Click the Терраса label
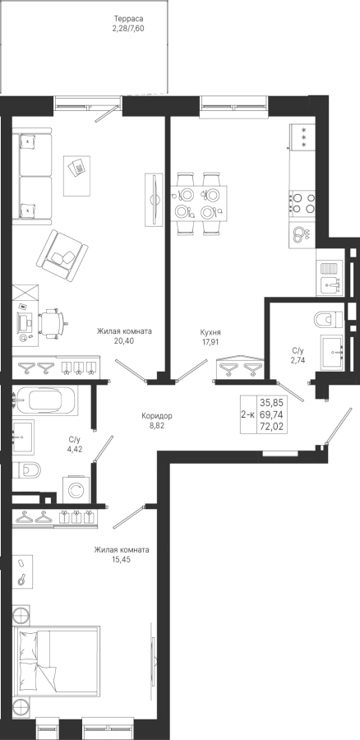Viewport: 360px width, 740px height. tap(128, 19)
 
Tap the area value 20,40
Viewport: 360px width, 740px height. tap(125, 340)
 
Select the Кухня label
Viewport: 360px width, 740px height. tap(210, 332)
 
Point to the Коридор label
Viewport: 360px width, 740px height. tap(157, 416)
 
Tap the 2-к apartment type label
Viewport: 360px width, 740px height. tap(248, 415)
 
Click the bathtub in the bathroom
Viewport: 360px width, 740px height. tap(44, 400)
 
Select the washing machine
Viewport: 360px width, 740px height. tap(76, 490)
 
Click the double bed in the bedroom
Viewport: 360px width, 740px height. tap(56, 662)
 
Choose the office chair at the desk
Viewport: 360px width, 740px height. tap(53, 323)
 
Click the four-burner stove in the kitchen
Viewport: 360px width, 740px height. tap(302, 203)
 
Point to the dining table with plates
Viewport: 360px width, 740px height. tap(199, 203)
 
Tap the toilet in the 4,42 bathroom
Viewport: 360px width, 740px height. tap(27, 469)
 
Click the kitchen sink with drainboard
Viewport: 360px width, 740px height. tap(330, 279)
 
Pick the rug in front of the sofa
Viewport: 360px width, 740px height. tap(76, 176)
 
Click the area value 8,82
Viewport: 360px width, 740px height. tap(157, 425)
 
